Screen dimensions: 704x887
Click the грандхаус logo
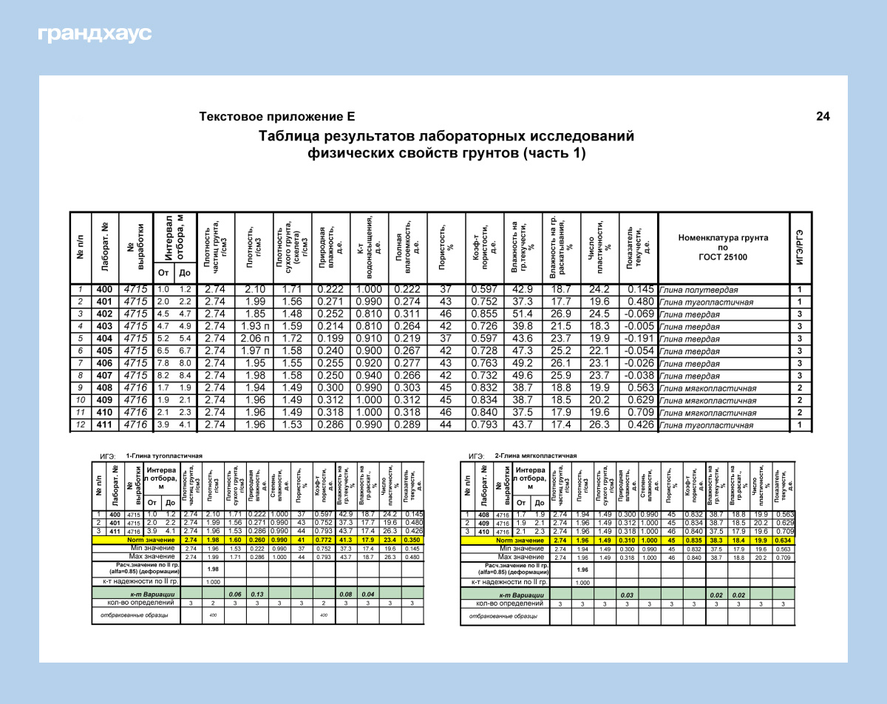coord(94,34)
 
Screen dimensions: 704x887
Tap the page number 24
coord(823,116)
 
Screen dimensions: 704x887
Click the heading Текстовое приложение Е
coord(277,116)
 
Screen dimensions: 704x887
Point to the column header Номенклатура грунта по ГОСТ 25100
coord(722,247)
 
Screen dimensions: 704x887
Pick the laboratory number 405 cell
coord(105,351)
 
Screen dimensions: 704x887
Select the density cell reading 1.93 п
coord(254,326)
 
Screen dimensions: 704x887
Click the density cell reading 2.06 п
coord(254,339)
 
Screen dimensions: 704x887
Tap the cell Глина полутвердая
coord(699,290)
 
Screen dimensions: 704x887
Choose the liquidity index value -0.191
coord(637,339)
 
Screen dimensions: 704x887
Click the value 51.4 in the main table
coord(523,314)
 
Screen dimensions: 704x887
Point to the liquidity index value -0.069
coord(637,314)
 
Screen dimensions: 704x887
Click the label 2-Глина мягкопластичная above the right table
coord(535,456)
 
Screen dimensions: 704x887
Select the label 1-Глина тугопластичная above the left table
coord(164,456)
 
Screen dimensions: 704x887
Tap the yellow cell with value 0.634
coord(784,541)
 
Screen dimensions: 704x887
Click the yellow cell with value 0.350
coord(412,541)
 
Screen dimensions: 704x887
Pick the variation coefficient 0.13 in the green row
coord(257,594)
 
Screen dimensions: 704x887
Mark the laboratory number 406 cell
coord(105,363)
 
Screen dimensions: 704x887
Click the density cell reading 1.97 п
coord(254,351)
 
